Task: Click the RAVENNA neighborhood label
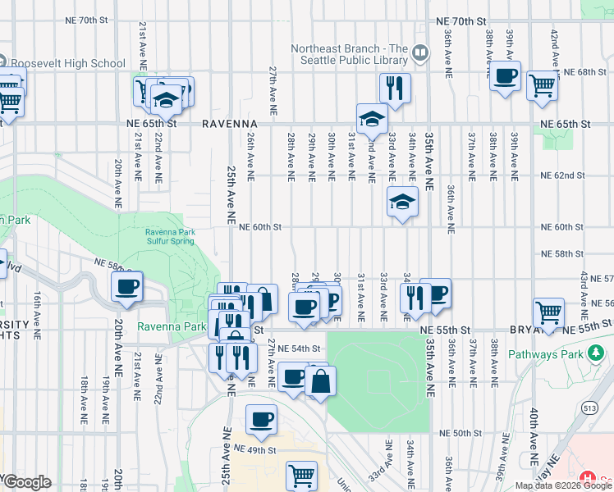230,124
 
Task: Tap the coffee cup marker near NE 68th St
505,77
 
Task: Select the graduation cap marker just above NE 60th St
402,202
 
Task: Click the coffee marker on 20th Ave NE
127,287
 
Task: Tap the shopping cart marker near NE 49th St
302,476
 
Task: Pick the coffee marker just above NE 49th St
262,420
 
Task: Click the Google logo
26,482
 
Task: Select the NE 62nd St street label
562,175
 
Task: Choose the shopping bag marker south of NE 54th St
323,380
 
